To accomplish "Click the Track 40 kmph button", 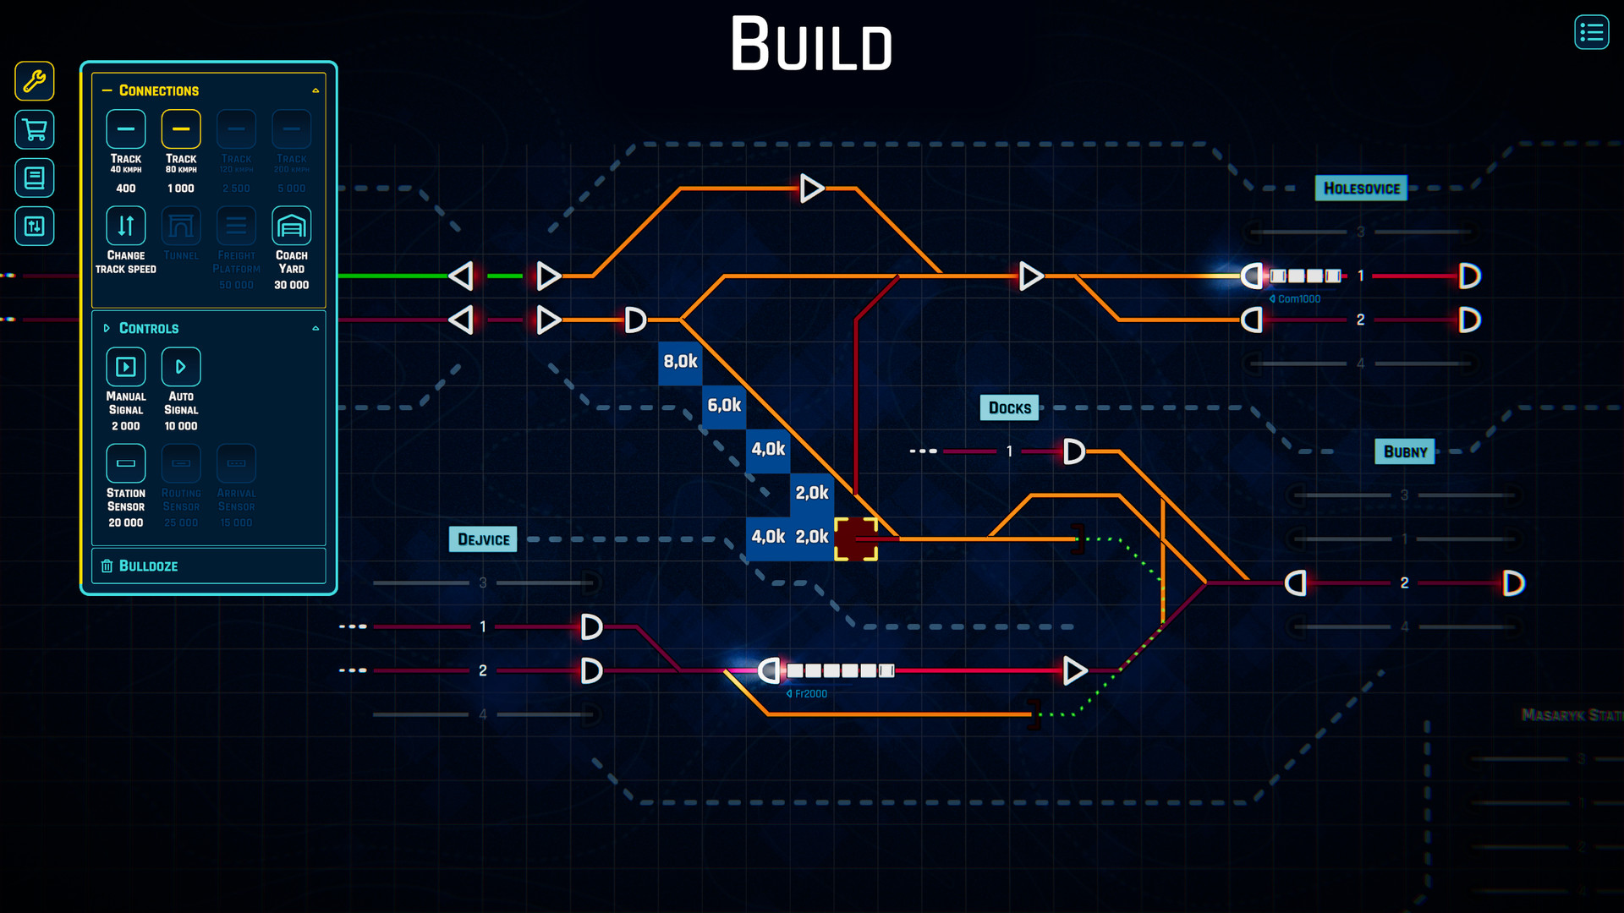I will click(x=126, y=129).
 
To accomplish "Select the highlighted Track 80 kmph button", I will click(x=181, y=129).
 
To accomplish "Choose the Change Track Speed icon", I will click(x=126, y=226).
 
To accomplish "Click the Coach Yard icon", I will click(x=291, y=226).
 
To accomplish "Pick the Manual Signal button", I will click(x=126, y=367).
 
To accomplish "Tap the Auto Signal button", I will click(x=181, y=367).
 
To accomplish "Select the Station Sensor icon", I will click(x=126, y=463).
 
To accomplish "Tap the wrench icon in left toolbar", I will click(x=35, y=81).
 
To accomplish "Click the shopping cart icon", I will click(x=35, y=130).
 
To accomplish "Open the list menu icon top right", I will click(x=1591, y=33).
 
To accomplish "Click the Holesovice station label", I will click(x=1361, y=189).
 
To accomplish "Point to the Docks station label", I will click(x=1009, y=408).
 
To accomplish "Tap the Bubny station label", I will click(x=1404, y=452).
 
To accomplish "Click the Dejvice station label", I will click(x=483, y=539).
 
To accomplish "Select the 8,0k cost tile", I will click(x=680, y=362).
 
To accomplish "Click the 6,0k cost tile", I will click(x=724, y=406).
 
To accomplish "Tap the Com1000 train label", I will click(x=1298, y=299).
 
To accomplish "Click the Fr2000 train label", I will click(x=809, y=694).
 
